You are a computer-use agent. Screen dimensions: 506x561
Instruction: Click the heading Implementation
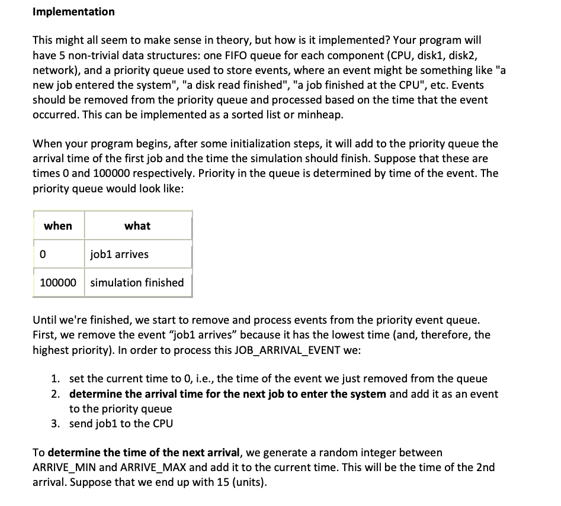click(73, 11)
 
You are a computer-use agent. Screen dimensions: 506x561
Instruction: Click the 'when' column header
click(58, 225)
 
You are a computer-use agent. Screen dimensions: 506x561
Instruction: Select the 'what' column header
click(137, 225)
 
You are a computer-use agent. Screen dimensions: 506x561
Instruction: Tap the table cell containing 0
click(43, 254)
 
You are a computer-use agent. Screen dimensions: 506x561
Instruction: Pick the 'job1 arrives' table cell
click(119, 254)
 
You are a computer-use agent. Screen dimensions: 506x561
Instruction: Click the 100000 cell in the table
click(58, 282)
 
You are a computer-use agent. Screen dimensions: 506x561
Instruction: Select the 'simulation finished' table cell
click(137, 282)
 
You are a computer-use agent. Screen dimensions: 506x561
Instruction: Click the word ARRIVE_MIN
click(64, 466)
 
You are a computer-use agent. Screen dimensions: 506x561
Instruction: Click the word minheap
click(320, 114)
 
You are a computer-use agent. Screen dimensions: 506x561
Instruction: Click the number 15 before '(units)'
click(211, 481)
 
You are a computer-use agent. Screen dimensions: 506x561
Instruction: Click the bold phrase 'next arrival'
click(208, 452)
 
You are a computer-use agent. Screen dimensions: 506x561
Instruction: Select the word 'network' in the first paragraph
click(52, 70)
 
